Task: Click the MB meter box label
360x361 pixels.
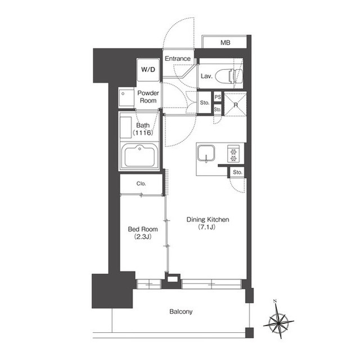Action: [226, 43]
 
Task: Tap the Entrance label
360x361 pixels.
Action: [178, 59]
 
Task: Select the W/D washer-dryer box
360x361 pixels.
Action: [148, 69]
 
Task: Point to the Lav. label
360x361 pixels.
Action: [206, 76]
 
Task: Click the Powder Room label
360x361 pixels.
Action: [148, 97]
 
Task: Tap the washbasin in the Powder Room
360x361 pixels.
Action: [126, 97]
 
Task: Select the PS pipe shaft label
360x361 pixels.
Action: [218, 97]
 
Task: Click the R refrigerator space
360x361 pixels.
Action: [235, 104]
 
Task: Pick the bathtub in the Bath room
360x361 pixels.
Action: [139, 155]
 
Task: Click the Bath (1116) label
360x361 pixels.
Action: [143, 129]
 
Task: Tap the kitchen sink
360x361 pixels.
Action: [206, 154]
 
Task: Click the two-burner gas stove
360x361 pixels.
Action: [233, 154]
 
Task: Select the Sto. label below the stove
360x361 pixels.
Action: [237, 172]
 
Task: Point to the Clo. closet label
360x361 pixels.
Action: [141, 184]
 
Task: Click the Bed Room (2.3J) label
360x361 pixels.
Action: [143, 233]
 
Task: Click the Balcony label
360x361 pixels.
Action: [181, 312]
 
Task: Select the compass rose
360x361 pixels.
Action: [278, 320]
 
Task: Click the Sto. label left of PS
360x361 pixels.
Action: [205, 102]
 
